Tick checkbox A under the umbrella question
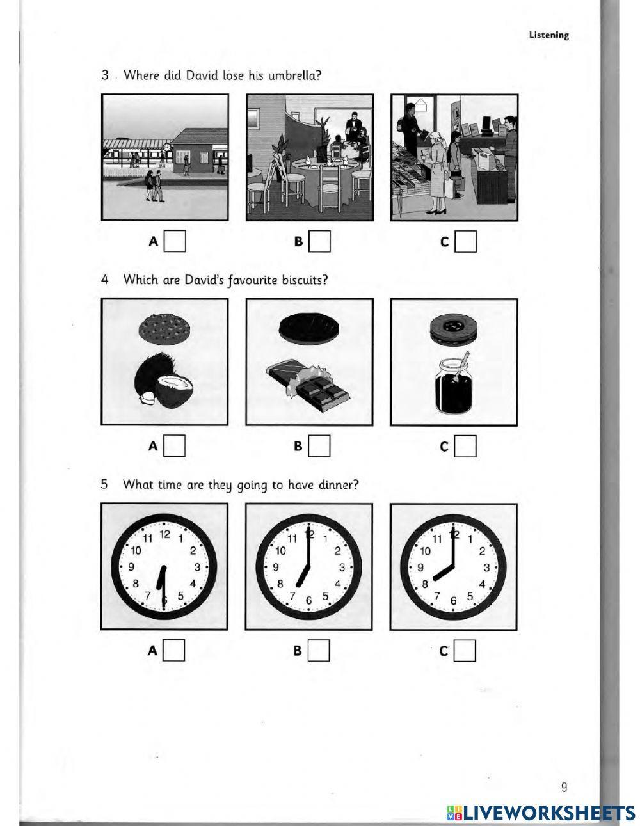click(x=175, y=241)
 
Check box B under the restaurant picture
click(x=319, y=241)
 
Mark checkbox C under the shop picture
click(x=465, y=241)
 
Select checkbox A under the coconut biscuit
click(x=175, y=446)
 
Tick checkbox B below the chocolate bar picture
click(x=319, y=446)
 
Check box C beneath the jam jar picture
click(x=465, y=446)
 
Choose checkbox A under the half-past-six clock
click(x=175, y=651)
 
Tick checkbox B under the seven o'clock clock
click(x=319, y=651)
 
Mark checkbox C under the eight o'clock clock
click(x=465, y=651)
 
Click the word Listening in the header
click(x=548, y=35)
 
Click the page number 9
click(x=564, y=787)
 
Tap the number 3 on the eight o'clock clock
click(x=487, y=567)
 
